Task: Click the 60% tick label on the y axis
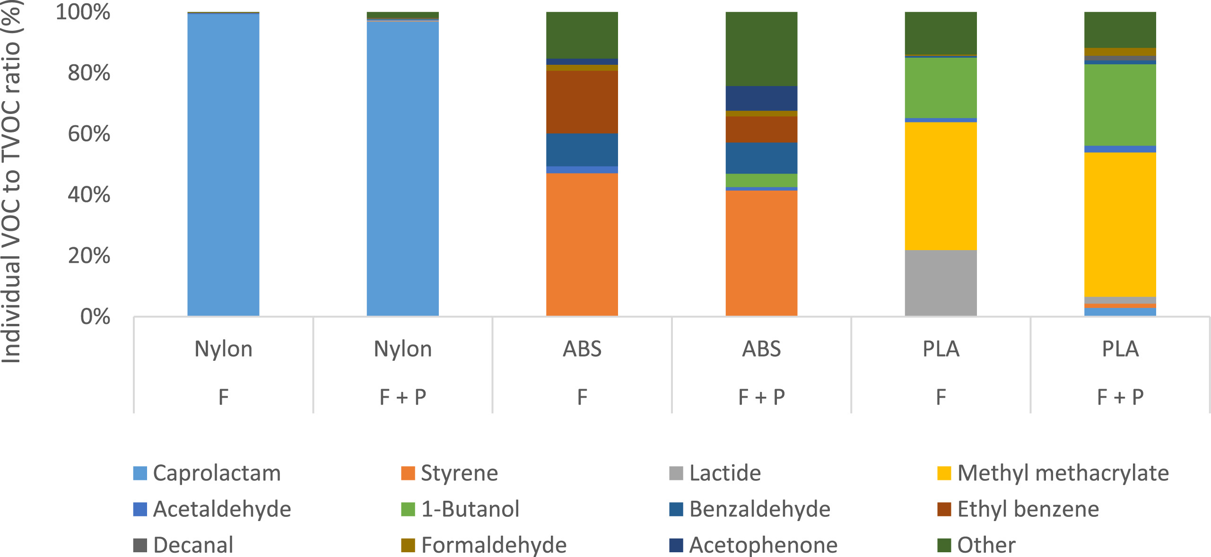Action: coord(89,134)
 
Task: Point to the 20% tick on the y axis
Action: coord(89,256)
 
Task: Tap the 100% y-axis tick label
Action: coord(83,12)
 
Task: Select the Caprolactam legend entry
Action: coord(217,473)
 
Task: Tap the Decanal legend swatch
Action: coord(140,545)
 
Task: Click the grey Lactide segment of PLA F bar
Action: coord(941,283)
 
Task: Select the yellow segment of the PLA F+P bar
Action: coord(1120,225)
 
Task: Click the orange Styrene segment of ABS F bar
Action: coord(582,244)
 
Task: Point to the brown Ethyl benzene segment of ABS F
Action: coord(582,102)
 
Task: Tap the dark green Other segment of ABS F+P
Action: coord(761,48)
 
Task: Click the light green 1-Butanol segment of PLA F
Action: coord(941,87)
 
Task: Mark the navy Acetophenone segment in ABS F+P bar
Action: coord(761,98)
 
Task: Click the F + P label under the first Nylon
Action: coord(403,397)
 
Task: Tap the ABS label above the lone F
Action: coord(582,349)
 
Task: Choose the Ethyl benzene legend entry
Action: coord(1028,509)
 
